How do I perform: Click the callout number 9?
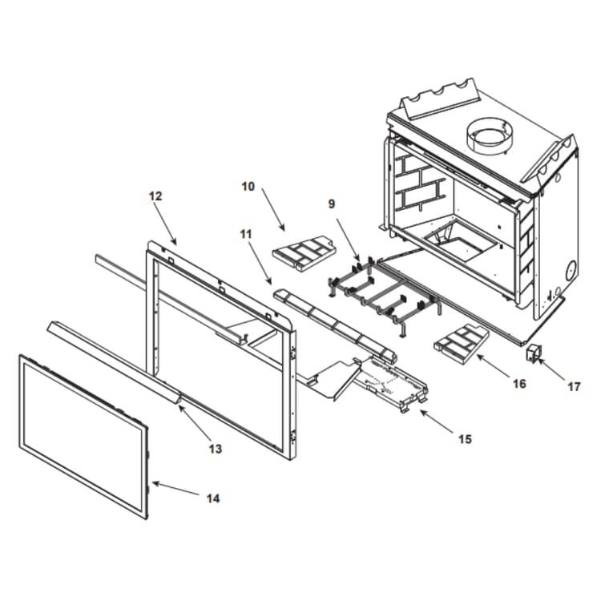click(331, 204)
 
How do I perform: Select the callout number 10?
click(248, 187)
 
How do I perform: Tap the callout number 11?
click(245, 234)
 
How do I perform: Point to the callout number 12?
click(155, 196)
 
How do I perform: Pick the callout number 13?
click(215, 449)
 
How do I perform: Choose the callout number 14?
click(212, 498)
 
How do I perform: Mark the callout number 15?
click(465, 439)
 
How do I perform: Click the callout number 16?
click(518, 384)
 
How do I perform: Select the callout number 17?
click(574, 387)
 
